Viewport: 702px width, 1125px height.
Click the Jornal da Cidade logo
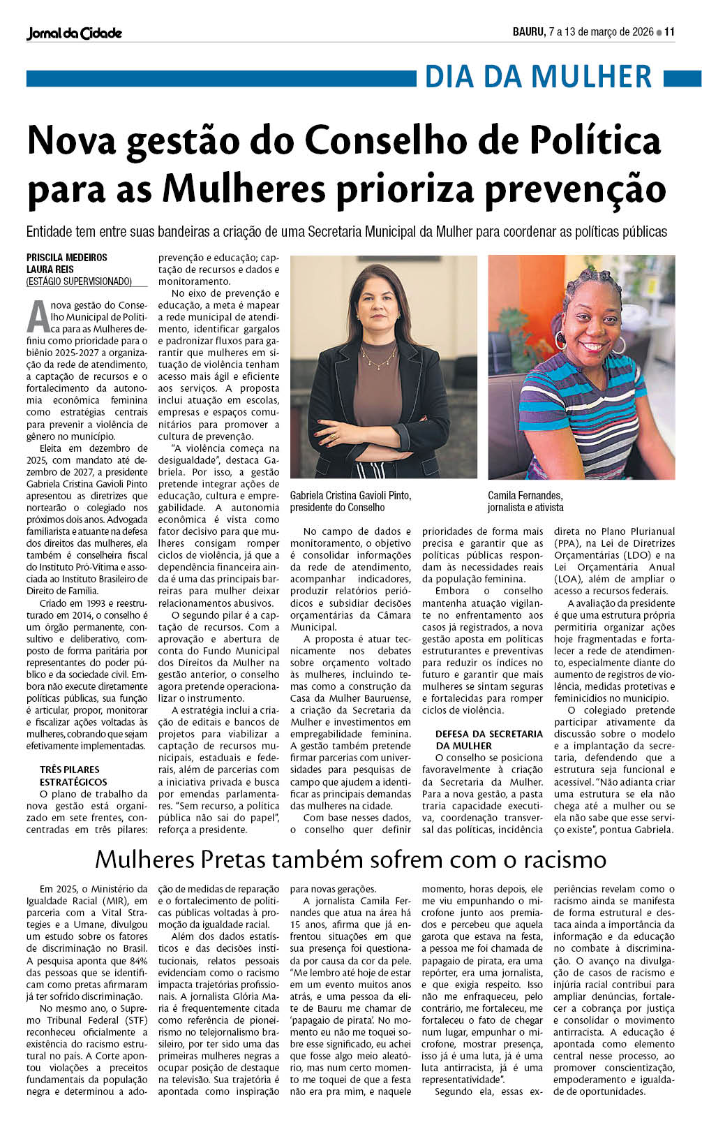click(74, 33)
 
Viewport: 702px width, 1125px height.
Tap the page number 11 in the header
click(669, 32)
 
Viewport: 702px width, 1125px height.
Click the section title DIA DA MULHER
click(538, 77)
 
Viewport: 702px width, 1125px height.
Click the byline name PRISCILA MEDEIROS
click(67, 258)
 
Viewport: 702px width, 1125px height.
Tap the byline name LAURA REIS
click(50, 270)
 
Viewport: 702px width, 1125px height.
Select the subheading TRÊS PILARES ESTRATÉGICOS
click(73, 776)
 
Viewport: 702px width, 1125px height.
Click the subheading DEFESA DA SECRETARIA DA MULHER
click(488, 740)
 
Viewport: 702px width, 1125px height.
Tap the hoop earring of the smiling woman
click(618, 344)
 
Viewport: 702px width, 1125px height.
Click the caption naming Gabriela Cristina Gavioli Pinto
click(350, 501)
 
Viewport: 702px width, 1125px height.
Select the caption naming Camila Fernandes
click(525, 501)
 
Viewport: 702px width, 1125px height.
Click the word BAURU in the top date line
click(528, 32)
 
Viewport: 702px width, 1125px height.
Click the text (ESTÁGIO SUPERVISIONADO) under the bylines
click(79, 281)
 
